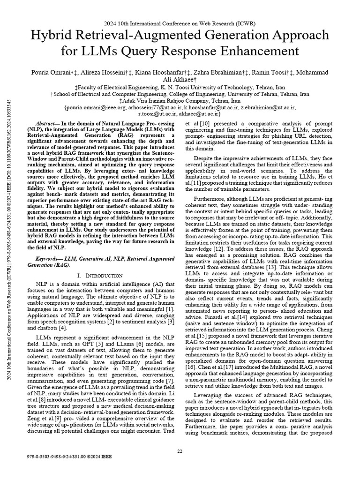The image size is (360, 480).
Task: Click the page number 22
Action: pos(180,451)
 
